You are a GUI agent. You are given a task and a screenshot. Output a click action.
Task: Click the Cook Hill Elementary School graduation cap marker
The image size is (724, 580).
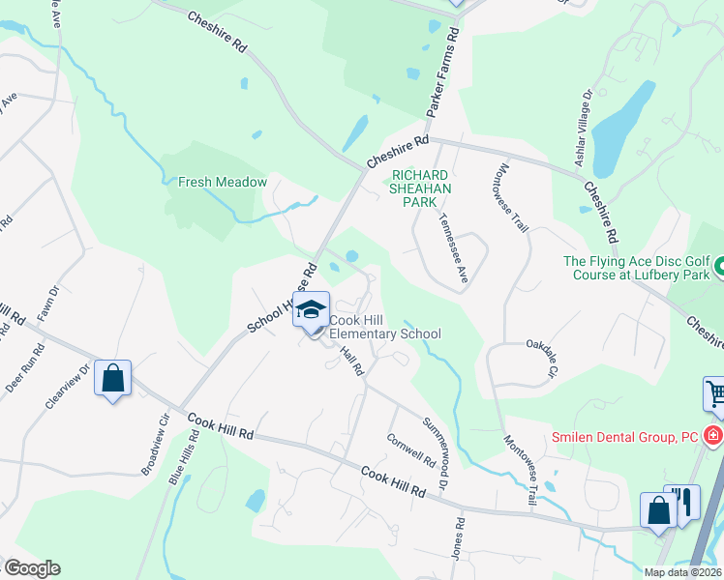point(311,310)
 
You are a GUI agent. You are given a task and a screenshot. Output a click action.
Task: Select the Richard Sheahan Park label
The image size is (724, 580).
point(420,182)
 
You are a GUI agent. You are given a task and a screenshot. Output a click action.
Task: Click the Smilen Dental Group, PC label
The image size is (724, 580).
point(625,436)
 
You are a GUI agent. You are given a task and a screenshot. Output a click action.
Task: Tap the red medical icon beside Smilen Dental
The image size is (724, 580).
point(714,436)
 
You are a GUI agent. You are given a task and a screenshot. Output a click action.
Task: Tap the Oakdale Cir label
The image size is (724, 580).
point(542,357)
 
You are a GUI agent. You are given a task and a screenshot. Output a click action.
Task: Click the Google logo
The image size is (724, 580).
point(32,568)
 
